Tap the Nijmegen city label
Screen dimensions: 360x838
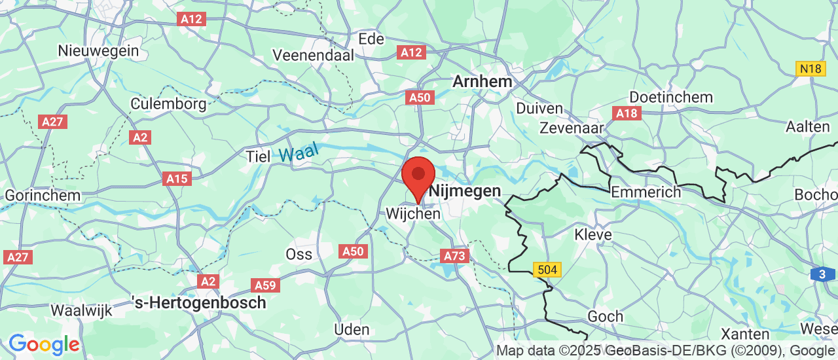(x=465, y=192)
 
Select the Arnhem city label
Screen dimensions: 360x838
(x=483, y=82)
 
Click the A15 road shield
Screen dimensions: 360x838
(x=177, y=179)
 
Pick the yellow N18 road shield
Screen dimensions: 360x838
(x=811, y=69)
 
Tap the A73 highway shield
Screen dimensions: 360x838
(x=456, y=256)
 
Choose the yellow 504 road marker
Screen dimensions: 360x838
(x=547, y=269)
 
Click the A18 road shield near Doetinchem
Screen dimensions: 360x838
(x=627, y=114)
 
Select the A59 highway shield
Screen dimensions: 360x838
(x=266, y=285)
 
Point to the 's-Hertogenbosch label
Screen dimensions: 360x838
(x=199, y=303)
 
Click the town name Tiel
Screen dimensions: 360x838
(x=257, y=156)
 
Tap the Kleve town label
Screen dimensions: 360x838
(x=592, y=234)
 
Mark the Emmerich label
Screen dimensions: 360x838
(x=645, y=192)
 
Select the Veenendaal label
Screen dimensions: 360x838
(x=313, y=55)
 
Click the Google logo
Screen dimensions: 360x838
(x=44, y=344)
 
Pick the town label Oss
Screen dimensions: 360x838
(x=299, y=254)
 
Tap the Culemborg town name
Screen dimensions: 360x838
(x=168, y=103)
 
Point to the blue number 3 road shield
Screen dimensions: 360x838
(x=822, y=275)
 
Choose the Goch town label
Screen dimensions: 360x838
(x=605, y=317)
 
